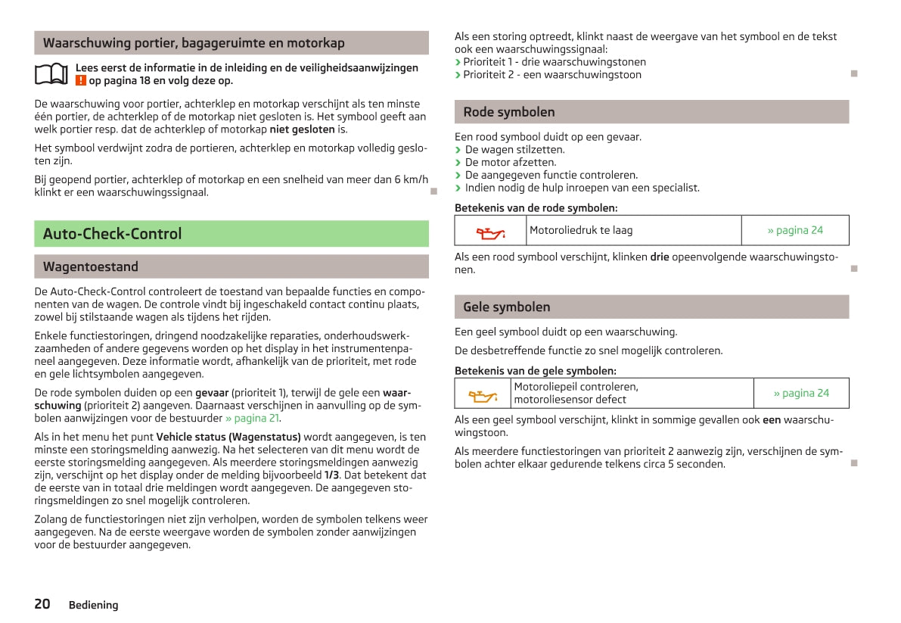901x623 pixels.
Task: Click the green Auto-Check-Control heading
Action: point(113,234)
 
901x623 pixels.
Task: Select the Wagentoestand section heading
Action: point(91,266)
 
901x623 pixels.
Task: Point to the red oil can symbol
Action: point(490,231)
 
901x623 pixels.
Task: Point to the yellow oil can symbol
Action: point(483,394)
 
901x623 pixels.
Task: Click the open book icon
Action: point(52,74)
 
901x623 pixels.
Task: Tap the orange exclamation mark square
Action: point(80,81)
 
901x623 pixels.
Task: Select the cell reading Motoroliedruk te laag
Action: point(581,230)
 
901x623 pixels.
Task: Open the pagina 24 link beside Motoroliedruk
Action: point(794,230)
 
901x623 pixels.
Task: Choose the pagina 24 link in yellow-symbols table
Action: point(800,393)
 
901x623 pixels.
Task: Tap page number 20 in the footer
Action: point(42,603)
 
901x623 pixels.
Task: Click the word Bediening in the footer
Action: point(93,605)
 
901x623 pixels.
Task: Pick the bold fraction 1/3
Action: point(331,475)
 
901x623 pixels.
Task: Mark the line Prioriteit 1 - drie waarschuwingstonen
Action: point(555,62)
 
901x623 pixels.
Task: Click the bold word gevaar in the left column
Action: point(212,393)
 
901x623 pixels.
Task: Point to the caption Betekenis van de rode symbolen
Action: point(536,207)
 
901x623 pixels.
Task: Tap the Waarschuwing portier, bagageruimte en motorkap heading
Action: point(194,43)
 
